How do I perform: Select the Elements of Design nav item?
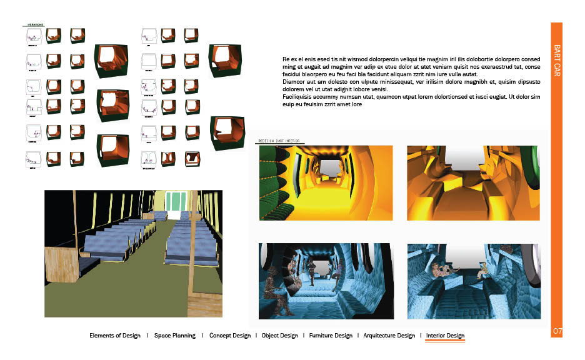pyautogui.click(x=116, y=336)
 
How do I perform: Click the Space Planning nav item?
pyautogui.click(x=174, y=336)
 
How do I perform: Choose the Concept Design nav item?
pyautogui.click(x=229, y=336)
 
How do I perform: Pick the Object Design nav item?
pyautogui.click(x=279, y=336)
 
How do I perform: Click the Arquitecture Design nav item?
pyautogui.click(x=389, y=336)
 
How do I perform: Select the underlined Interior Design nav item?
pyautogui.click(x=445, y=336)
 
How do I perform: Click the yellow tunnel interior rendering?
pyautogui.click(x=326, y=182)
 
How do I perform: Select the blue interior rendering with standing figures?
pyautogui.click(x=326, y=281)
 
